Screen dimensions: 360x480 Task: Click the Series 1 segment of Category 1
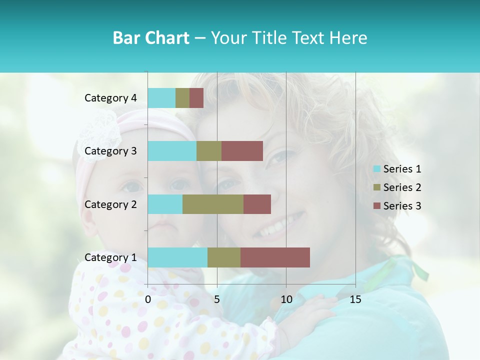point(177,257)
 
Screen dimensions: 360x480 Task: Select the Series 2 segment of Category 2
point(213,204)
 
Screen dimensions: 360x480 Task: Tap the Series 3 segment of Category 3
point(242,151)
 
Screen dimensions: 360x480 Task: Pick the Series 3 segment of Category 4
point(196,98)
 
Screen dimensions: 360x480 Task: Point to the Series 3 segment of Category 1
point(275,257)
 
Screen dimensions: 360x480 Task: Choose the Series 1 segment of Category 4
point(161,98)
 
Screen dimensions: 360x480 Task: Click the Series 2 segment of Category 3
point(209,151)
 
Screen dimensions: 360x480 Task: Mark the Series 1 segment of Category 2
point(165,204)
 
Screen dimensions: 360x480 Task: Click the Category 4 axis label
point(110,98)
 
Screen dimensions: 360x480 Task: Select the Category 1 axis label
point(110,257)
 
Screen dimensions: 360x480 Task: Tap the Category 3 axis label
point(110,151)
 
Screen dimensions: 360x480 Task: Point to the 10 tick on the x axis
point(286,299)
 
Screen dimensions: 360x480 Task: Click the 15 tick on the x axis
point(355,299)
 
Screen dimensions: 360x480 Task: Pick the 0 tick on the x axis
point(148,299)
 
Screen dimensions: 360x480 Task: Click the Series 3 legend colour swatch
point(376,206)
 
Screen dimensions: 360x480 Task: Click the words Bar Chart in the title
point(151,38)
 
